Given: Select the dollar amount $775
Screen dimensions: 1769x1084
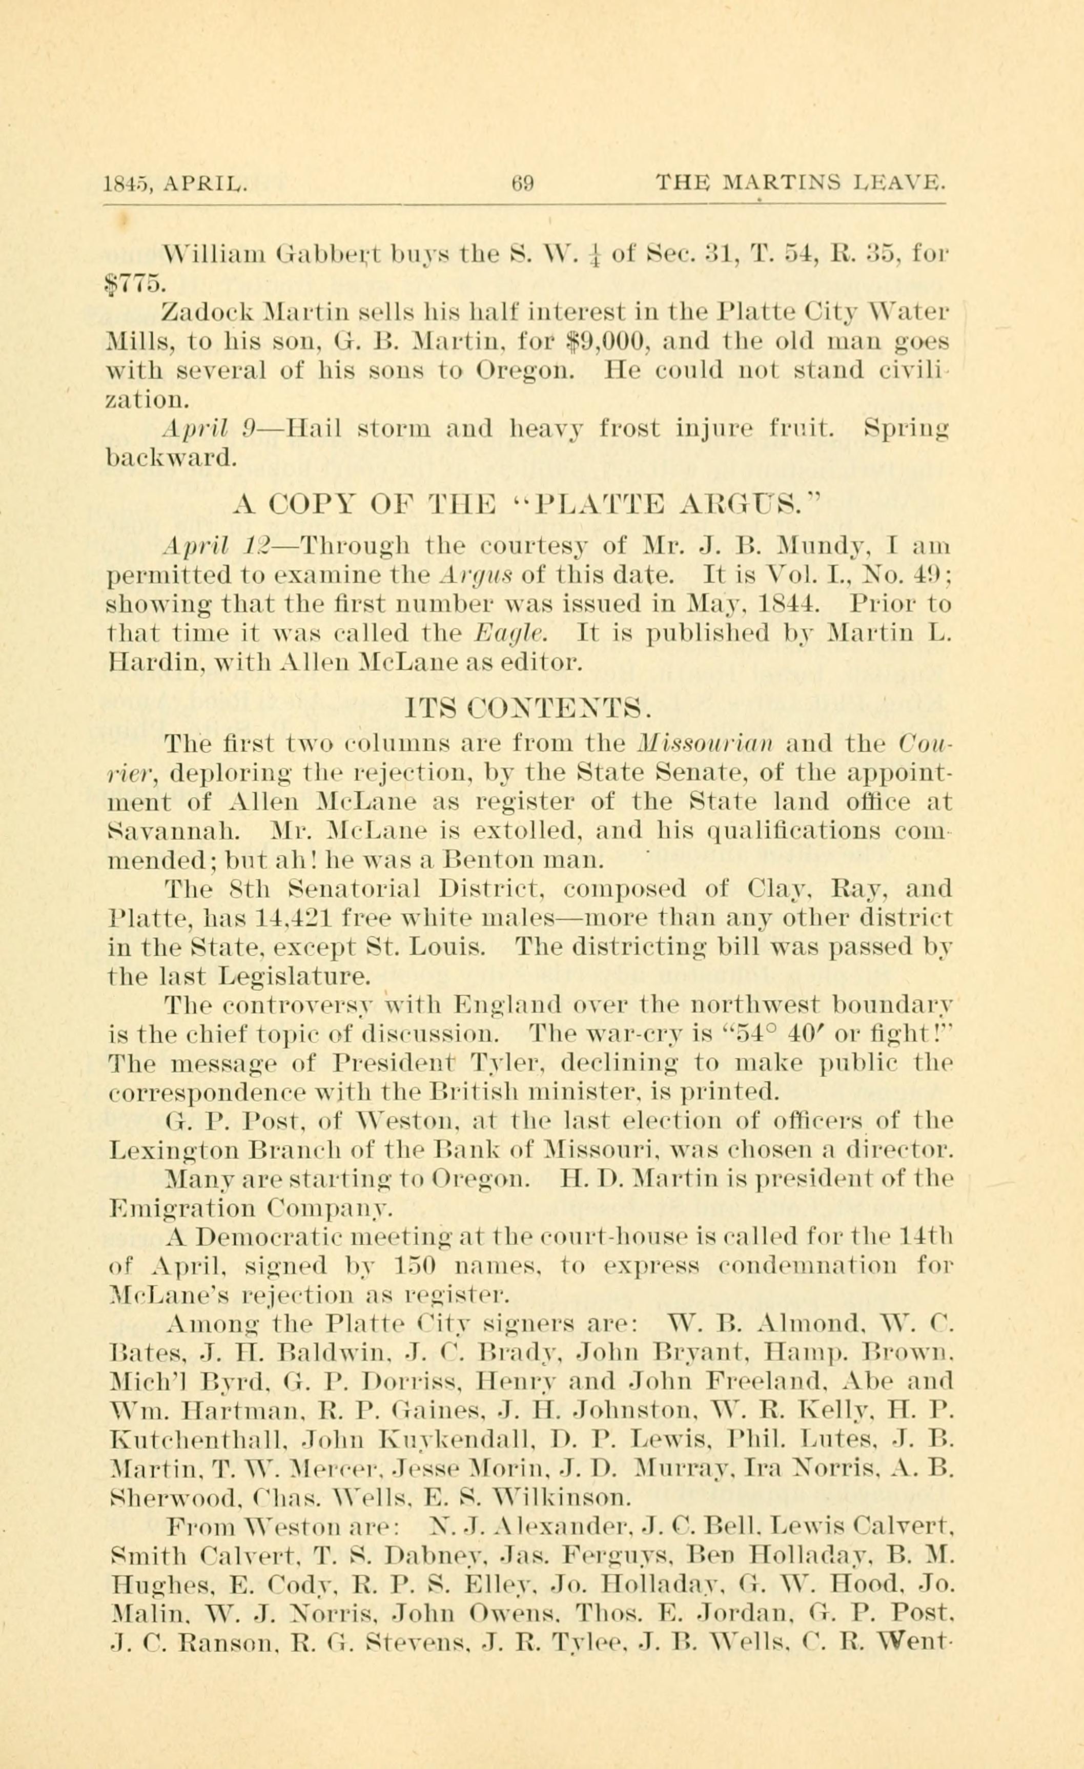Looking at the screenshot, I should pyautogui.click(x=131, y=284).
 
